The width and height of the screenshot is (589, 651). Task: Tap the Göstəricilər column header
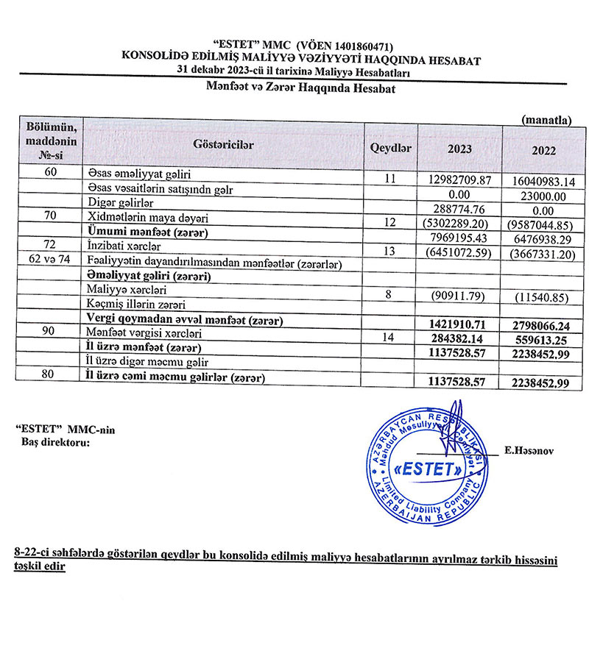coord(223,145)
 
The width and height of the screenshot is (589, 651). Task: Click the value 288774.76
coord(459,208)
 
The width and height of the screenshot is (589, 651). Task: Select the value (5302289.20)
coord(459,222)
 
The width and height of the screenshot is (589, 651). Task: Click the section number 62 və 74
coord(40,261)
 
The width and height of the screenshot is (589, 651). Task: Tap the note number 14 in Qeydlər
coord(391,335)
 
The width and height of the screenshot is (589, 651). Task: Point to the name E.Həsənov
coord(530,448)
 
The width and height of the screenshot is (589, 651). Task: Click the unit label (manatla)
coord(546,118)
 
